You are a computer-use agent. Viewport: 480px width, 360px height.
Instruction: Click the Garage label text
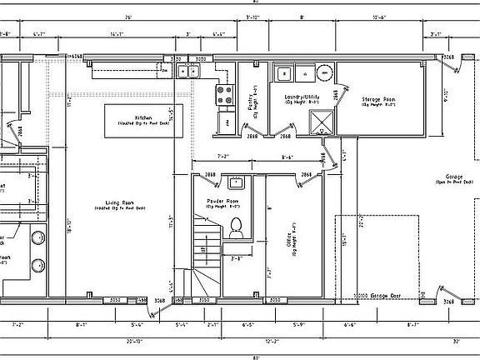pyautogui.click(x=454, y=177)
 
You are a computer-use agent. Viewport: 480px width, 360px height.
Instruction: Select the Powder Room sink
pyautogui.click(x=236, y=180)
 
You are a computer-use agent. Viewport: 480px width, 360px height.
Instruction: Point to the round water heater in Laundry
pyautogui.click(x=321, y=73)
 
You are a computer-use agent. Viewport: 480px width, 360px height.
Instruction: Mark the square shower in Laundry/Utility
pyautogui.click(x=319, y=123)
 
